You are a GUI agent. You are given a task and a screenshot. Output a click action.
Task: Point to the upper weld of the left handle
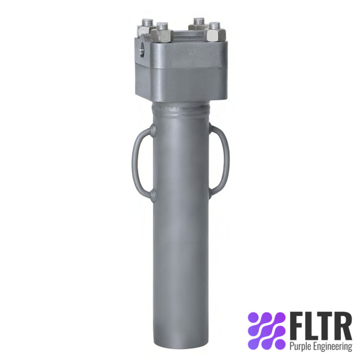click(x=153, y=131)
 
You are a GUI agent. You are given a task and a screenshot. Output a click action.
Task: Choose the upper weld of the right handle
click(x=210, y=129)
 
